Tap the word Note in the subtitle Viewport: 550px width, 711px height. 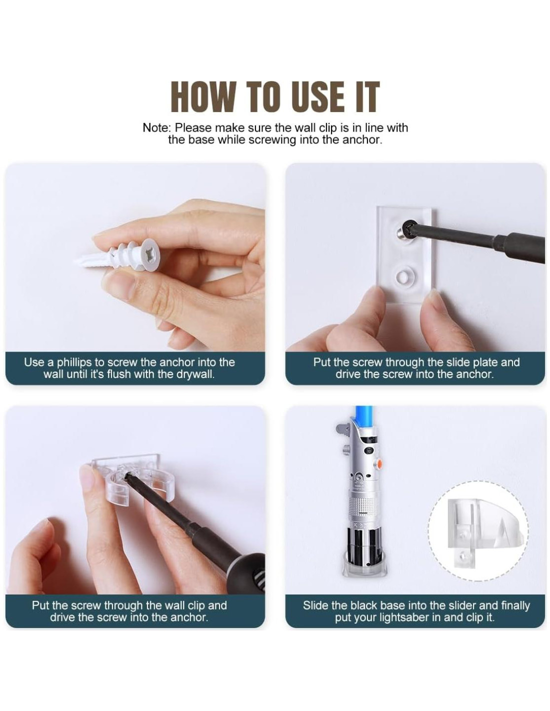pos(157,127)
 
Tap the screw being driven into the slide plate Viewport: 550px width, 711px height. pos(405,230)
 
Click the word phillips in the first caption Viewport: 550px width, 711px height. pos(74,362)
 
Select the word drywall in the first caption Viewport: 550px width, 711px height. pos(195,374)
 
